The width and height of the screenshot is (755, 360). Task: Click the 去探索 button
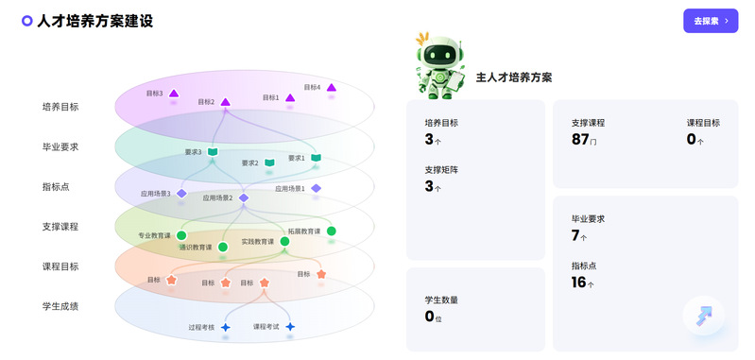pyautogui.click(x=711, y=21)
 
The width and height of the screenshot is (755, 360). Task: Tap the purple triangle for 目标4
pyautogui.click(x=331, y=88)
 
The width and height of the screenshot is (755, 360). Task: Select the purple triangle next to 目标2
pyautogui.click(x=225, y=102)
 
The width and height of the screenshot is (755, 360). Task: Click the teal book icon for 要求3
pyautogui.click(x=213, y=152)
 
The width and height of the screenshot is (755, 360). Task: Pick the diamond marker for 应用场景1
pyautogui.click(x=316, y=188)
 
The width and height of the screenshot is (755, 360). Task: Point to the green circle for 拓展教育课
pyautogui.click(x=332, y=231)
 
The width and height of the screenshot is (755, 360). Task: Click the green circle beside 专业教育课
pyautogui.click(x=181, y=235)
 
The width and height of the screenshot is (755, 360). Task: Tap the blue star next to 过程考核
pyautogui.click(x=225, y=327)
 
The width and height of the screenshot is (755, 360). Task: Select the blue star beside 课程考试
pyautogui.click(x=290, y=327)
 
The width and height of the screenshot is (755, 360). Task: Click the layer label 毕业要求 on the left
pyautogui.click(x=60, y=146)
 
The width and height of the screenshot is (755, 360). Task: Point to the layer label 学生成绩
pyautogui.click(x=60, y=306)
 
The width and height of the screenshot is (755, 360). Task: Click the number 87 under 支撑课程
pyautogui.click(x=580, y=140)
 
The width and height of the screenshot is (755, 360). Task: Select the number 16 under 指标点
pyautogui.click(x=578, y=283)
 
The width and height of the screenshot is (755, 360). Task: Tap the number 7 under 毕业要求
pyautogui.click(x=575, y=235)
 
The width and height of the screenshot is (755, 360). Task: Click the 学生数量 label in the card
pyautogui.click(x=441, y=300)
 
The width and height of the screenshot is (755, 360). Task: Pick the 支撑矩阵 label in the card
pyautogui.click(x=441, y=170)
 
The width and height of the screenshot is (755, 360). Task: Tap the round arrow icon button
pyautogui.click(x=703, y=316)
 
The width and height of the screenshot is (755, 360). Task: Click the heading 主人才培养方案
pyautogui.click(x=514, y=77)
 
